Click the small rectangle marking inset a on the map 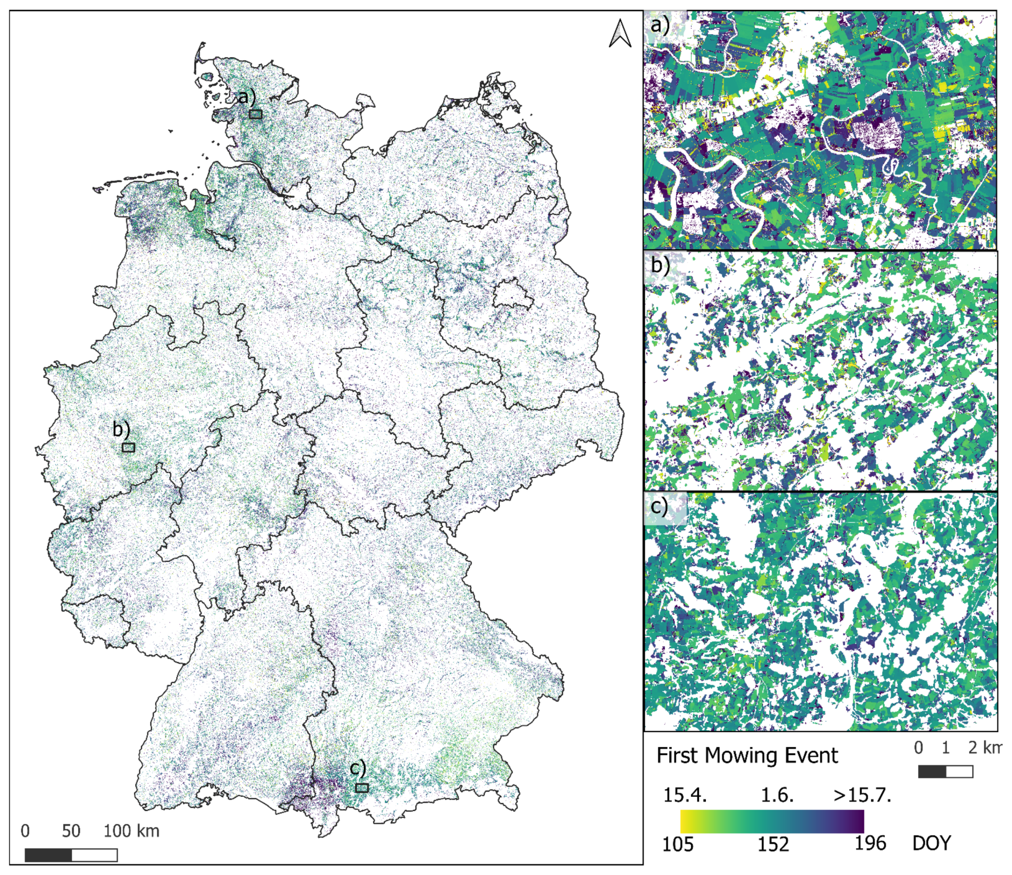click(256, 114)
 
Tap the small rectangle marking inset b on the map click(129, 447)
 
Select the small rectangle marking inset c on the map click(362, 788)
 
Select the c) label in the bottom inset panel click(660, 507)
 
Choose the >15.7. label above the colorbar click(862, 795)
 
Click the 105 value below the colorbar click(677, 844)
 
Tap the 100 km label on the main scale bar click(132, 830)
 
